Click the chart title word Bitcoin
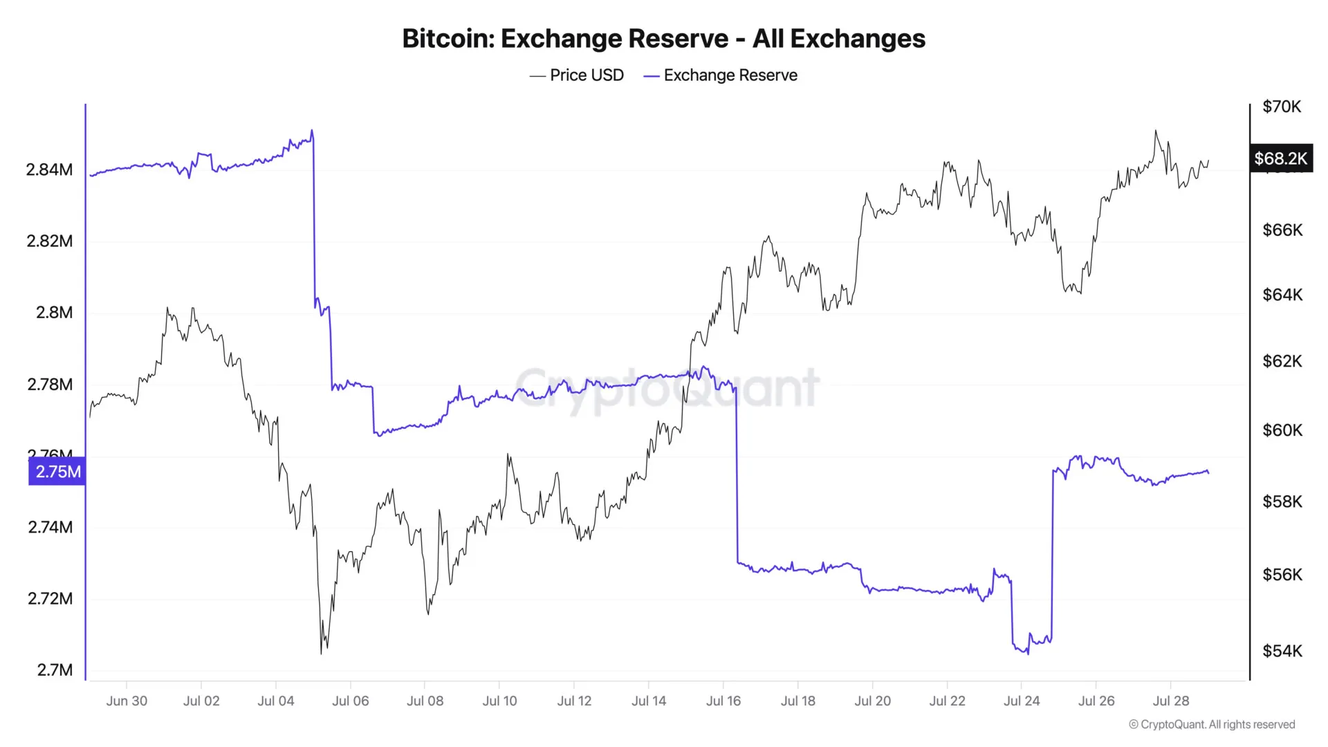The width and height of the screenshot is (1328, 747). click(x=447, y=39)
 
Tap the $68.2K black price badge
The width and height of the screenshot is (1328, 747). click(x=1280, y=158)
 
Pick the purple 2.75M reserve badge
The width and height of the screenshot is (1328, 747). click(x=58, y=472)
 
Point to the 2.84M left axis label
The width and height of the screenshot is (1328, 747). click(x=49, y=169)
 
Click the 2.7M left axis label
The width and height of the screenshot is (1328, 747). click(x=55, y=670)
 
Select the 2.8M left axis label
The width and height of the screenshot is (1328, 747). click(x=54, y=313)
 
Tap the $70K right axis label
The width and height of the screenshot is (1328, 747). click(x=1282, y=107)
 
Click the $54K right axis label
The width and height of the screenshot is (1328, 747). click(x=1282, y=651)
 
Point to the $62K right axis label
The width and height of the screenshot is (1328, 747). click(x=1282, y=361)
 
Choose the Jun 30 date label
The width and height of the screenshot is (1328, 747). click(x=127, y=701)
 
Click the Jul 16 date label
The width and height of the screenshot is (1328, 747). click(x=723, y=701)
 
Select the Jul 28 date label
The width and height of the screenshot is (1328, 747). click(x=1171, y=701)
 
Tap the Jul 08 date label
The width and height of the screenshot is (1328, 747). click(x=425, y=701)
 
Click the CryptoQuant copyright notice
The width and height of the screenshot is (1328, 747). click(x=1212, y=724)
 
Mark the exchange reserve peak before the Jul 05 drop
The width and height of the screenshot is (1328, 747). click(x=312, y=130)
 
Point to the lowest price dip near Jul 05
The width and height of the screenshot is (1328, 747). click(x=322, y=653)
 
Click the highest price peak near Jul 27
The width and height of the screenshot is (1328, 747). click(x=1155, y=131)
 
